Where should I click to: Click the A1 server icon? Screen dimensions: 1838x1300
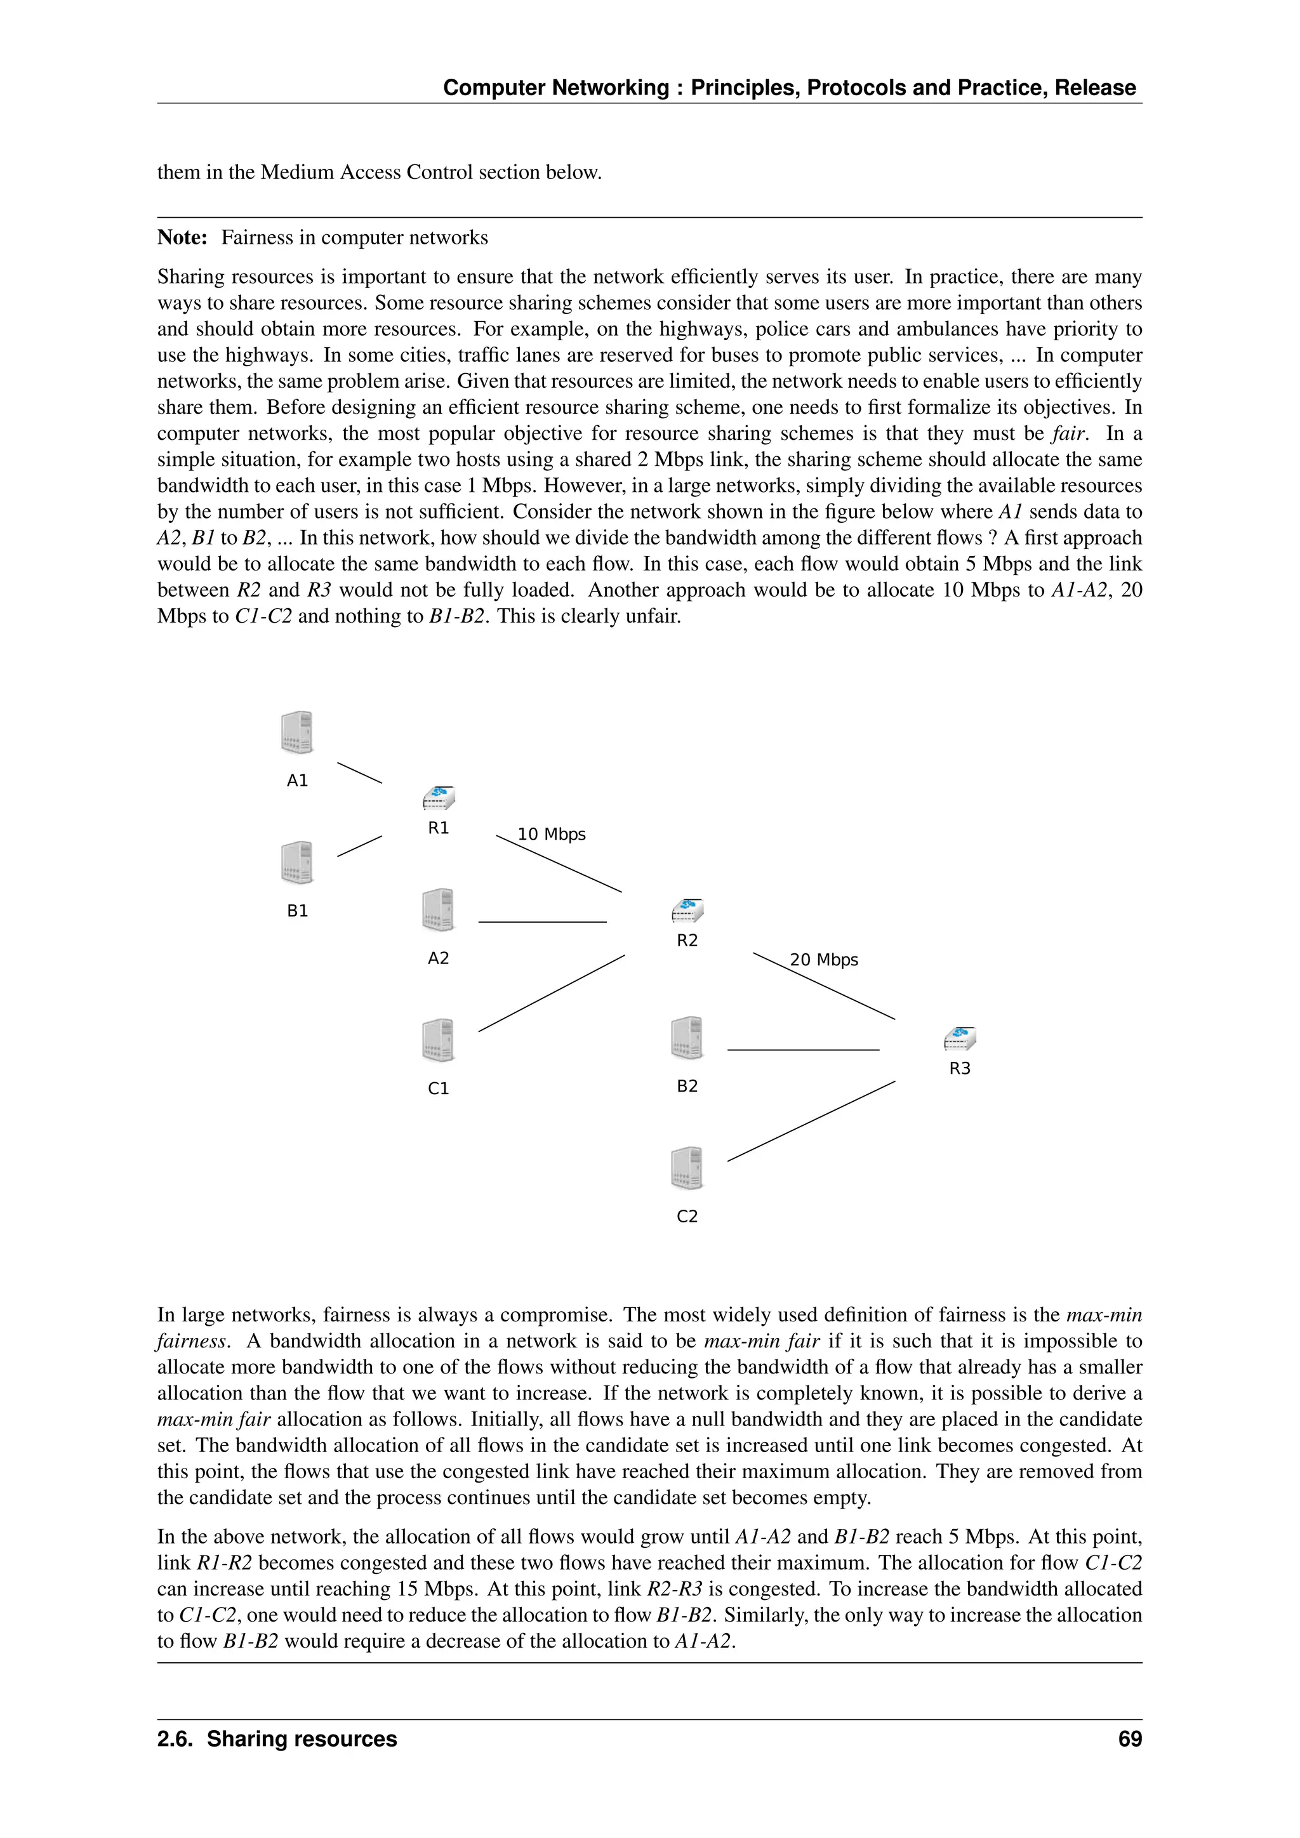(297, 732)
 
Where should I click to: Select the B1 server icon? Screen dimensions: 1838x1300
(297, 862)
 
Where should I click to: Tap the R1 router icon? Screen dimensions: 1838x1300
(439, 798)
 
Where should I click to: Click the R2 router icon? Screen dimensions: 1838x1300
(687, 910)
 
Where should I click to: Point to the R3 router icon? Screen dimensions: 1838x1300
(960, 1038)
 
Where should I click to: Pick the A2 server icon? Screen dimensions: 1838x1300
(439, 909)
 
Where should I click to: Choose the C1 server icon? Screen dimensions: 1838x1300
(439, 1040)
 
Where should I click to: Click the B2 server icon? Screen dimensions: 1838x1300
(687, 1038)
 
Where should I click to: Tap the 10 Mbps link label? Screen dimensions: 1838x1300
(552, 834)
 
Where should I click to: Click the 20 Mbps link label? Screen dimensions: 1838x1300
(824, 960)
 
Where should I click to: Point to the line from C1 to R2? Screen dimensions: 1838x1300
(552, 993)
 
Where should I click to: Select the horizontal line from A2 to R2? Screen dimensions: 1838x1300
(543, 922)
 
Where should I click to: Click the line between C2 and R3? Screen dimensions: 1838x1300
(811, 1121)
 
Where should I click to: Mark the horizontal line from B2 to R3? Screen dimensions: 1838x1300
(803, 1050)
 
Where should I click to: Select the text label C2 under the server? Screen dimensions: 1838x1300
(687, 1216)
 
